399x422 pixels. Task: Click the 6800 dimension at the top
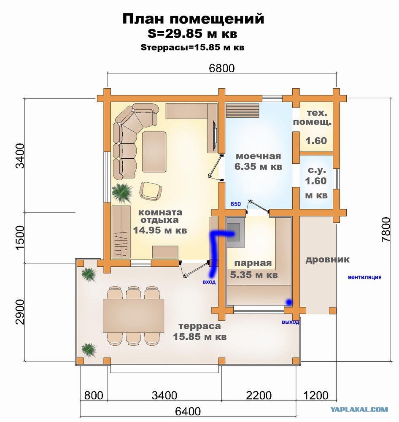[x=222, y=68]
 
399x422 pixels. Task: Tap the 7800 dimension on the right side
[x=386, y=229]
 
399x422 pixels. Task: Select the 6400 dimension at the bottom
[x=188, y=411]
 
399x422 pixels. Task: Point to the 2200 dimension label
[x=259, y=395]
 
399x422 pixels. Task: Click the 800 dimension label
[x=94, y=395]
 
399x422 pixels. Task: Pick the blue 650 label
[x=236, y=204]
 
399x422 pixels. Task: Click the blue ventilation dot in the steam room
[x=289, y=303]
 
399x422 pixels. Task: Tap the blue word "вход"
[x=209, y=282]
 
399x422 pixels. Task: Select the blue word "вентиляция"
[x=364, y=277]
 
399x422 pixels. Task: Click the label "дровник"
[x=327, y=260]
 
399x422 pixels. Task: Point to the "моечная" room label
[x=258, y=156]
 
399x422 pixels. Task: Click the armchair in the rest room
[x=151, y=191]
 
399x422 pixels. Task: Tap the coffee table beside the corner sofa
[x=154, y=151]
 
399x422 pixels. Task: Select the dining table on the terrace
[x=133, y=316]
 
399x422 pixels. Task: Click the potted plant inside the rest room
[x=122, y=192]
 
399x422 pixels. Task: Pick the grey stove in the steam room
[x=236, y=232]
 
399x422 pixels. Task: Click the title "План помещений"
[x=193, y=19]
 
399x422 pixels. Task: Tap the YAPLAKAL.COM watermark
[x=359, y=409]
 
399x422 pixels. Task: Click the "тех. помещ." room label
[x=313, y=118]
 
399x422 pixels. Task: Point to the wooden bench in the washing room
[x=243, y=110]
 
